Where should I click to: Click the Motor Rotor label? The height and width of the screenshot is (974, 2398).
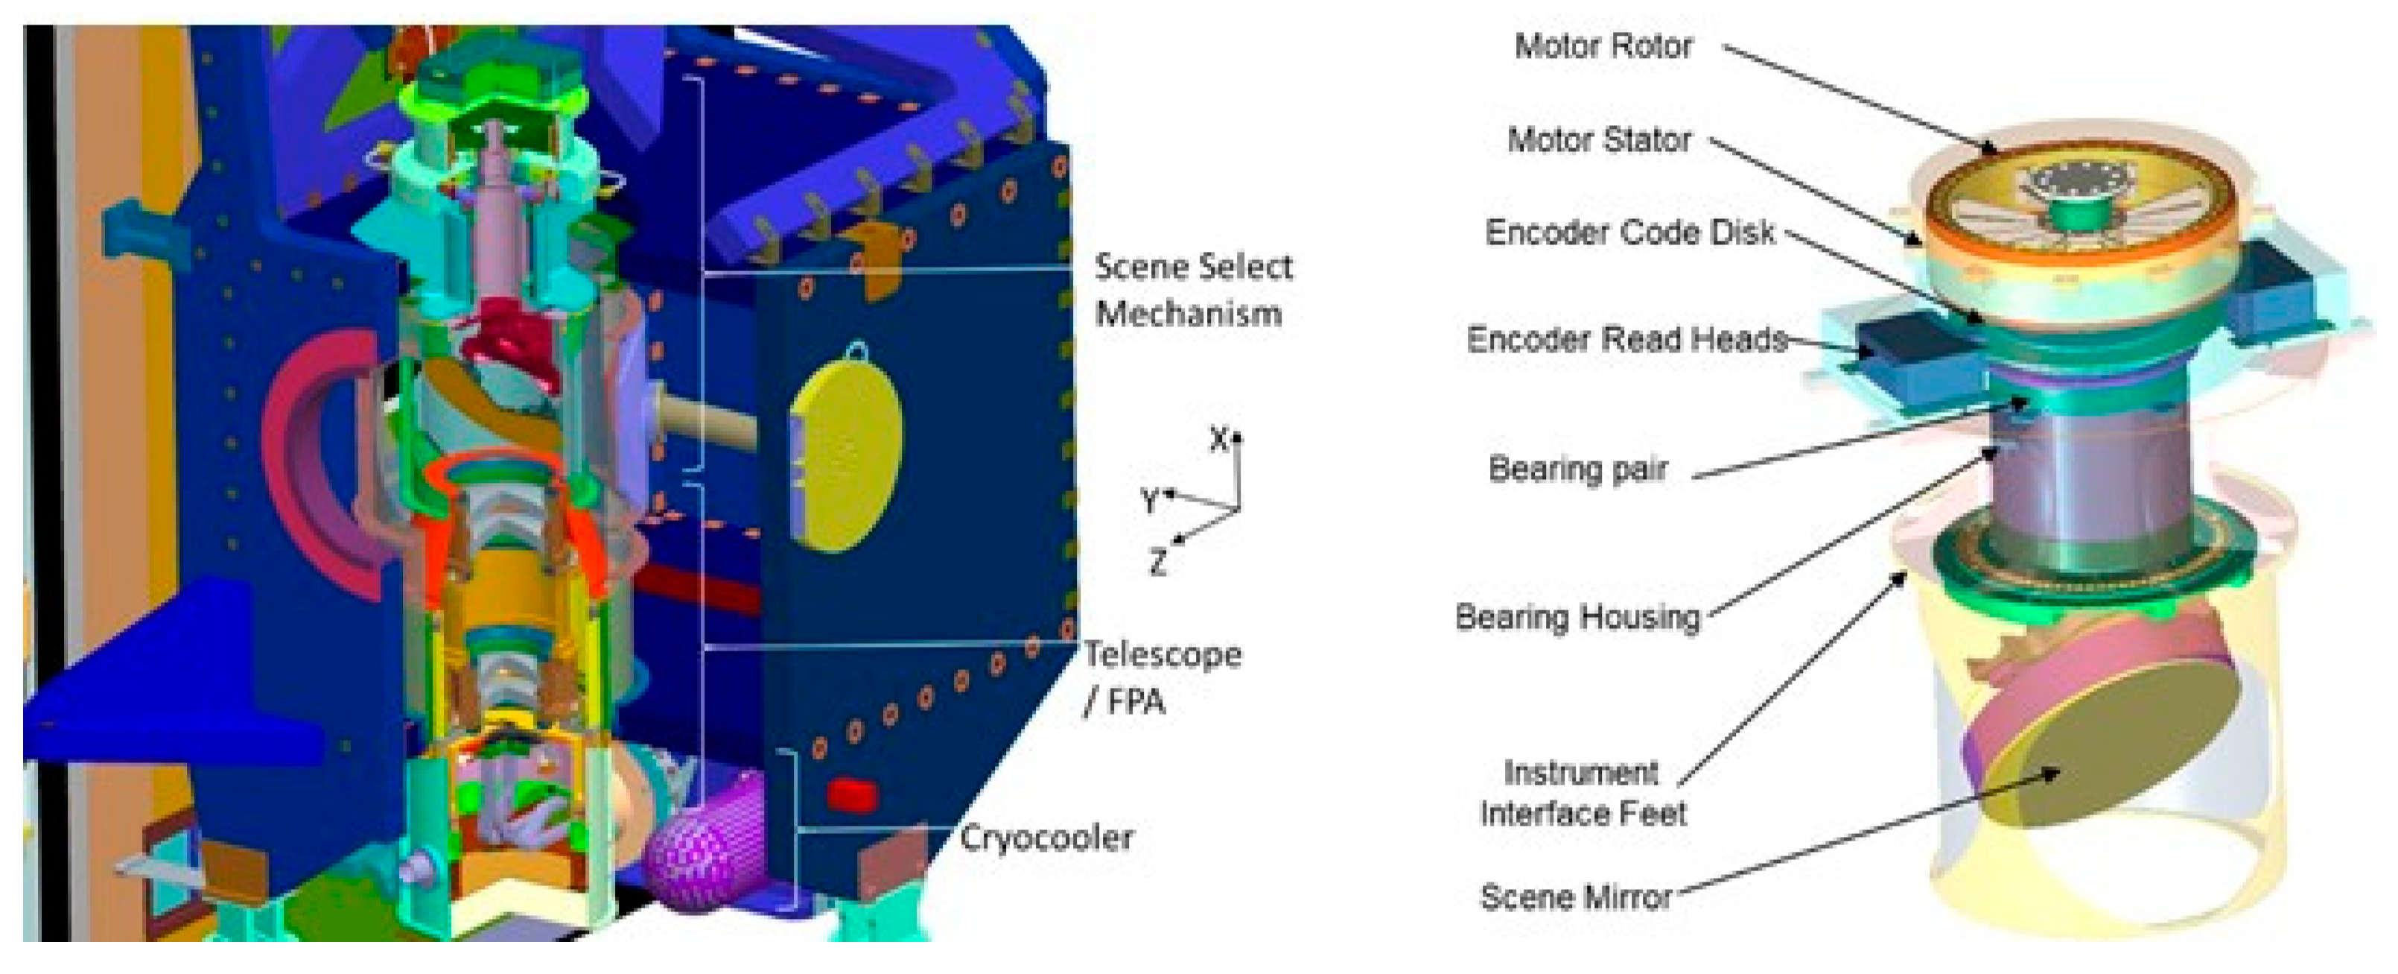click(1603, 45)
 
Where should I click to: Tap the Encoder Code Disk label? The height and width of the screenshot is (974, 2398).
click(1629, 232)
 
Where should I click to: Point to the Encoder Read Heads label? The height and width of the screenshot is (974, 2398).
click(1626, 339)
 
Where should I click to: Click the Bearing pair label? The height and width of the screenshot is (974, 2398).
click(1578, 469)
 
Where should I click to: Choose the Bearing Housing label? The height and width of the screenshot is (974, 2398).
click(1578, 616)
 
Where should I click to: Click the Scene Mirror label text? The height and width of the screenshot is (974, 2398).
click(1576, 896)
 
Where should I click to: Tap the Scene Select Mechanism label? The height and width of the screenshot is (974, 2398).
click(1192, 290)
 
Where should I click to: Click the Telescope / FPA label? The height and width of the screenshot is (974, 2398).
click(1161, 677)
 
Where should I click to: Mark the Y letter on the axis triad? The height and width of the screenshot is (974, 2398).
click(1151, 501)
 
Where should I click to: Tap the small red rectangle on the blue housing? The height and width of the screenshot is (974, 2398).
click(852, 794)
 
